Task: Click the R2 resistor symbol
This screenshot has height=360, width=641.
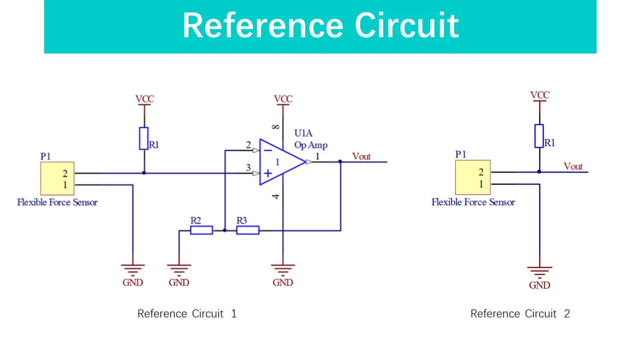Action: tap(201, 231)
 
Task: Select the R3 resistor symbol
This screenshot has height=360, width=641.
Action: tap(248, 231)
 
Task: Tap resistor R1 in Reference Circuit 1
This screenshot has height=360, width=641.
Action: tap(144, 138)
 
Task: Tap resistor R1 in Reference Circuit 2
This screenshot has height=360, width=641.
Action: tap(539, 136)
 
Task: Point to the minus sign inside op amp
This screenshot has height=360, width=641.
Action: tap(268, 150)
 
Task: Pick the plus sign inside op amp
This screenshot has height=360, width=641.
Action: tap(268, 173)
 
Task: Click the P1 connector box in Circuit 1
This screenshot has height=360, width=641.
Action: tap(57, 179)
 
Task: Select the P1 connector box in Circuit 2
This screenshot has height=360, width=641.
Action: tap(473, 178)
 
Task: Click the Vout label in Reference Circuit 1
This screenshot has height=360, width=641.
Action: tap(361, 157)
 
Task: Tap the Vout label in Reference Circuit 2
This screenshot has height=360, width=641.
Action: tap(573, 167)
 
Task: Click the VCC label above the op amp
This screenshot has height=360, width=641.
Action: tap(283, 99)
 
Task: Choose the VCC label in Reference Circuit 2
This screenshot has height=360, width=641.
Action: tap(540, 95)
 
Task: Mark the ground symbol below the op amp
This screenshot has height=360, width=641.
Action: tap(283, 269)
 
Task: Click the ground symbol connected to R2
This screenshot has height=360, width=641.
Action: tap(179, 269)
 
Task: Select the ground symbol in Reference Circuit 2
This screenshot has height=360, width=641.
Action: tap(540, 272)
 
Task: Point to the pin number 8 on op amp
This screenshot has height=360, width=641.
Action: tap(276, 127)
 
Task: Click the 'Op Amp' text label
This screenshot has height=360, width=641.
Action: tap(311, 145)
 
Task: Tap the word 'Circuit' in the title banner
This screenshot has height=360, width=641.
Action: tap(406, 26)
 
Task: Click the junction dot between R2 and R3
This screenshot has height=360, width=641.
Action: tap(225, 231)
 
